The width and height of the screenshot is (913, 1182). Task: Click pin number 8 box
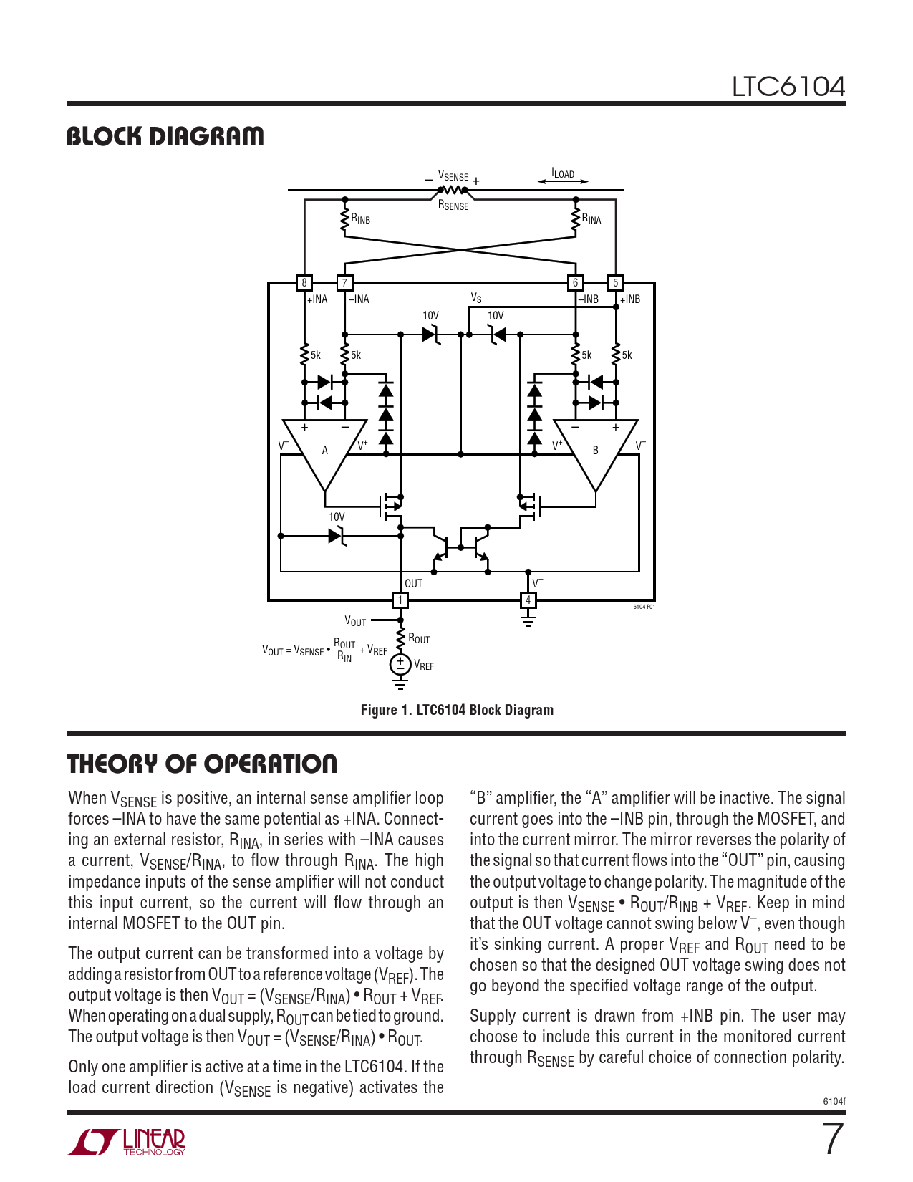pos(304,283)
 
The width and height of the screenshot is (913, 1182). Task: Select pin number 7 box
pos(344,283)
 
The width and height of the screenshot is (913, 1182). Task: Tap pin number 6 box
pos(575,283)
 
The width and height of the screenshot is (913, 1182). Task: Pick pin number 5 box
pos(615,283)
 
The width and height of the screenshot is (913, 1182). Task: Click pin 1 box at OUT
pos(400,600)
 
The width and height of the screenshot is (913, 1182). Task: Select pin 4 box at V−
pos(528,600)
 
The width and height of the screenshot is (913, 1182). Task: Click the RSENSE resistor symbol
pos(453,190)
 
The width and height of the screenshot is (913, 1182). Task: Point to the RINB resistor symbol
pos(344,220)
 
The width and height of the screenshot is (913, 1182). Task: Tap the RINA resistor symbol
pos(575,220)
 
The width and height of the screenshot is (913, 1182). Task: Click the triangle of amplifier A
pos(324,448)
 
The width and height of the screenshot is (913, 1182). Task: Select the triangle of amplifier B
pos(595,448)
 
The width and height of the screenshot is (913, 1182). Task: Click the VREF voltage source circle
pos(400,665)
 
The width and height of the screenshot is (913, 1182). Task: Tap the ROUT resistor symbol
pos(400,638)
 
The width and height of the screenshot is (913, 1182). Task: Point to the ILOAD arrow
pos(563,181)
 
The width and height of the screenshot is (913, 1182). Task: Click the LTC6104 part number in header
pos(788,87)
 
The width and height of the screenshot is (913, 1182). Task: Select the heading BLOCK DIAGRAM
pos(165,136)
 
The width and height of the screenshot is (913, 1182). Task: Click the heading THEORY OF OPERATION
pos(202,764)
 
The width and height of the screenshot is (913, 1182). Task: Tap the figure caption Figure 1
pos(457,710)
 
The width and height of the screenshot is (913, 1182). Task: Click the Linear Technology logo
pos(127,1142)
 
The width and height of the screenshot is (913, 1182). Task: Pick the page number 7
pos(832,1139)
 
